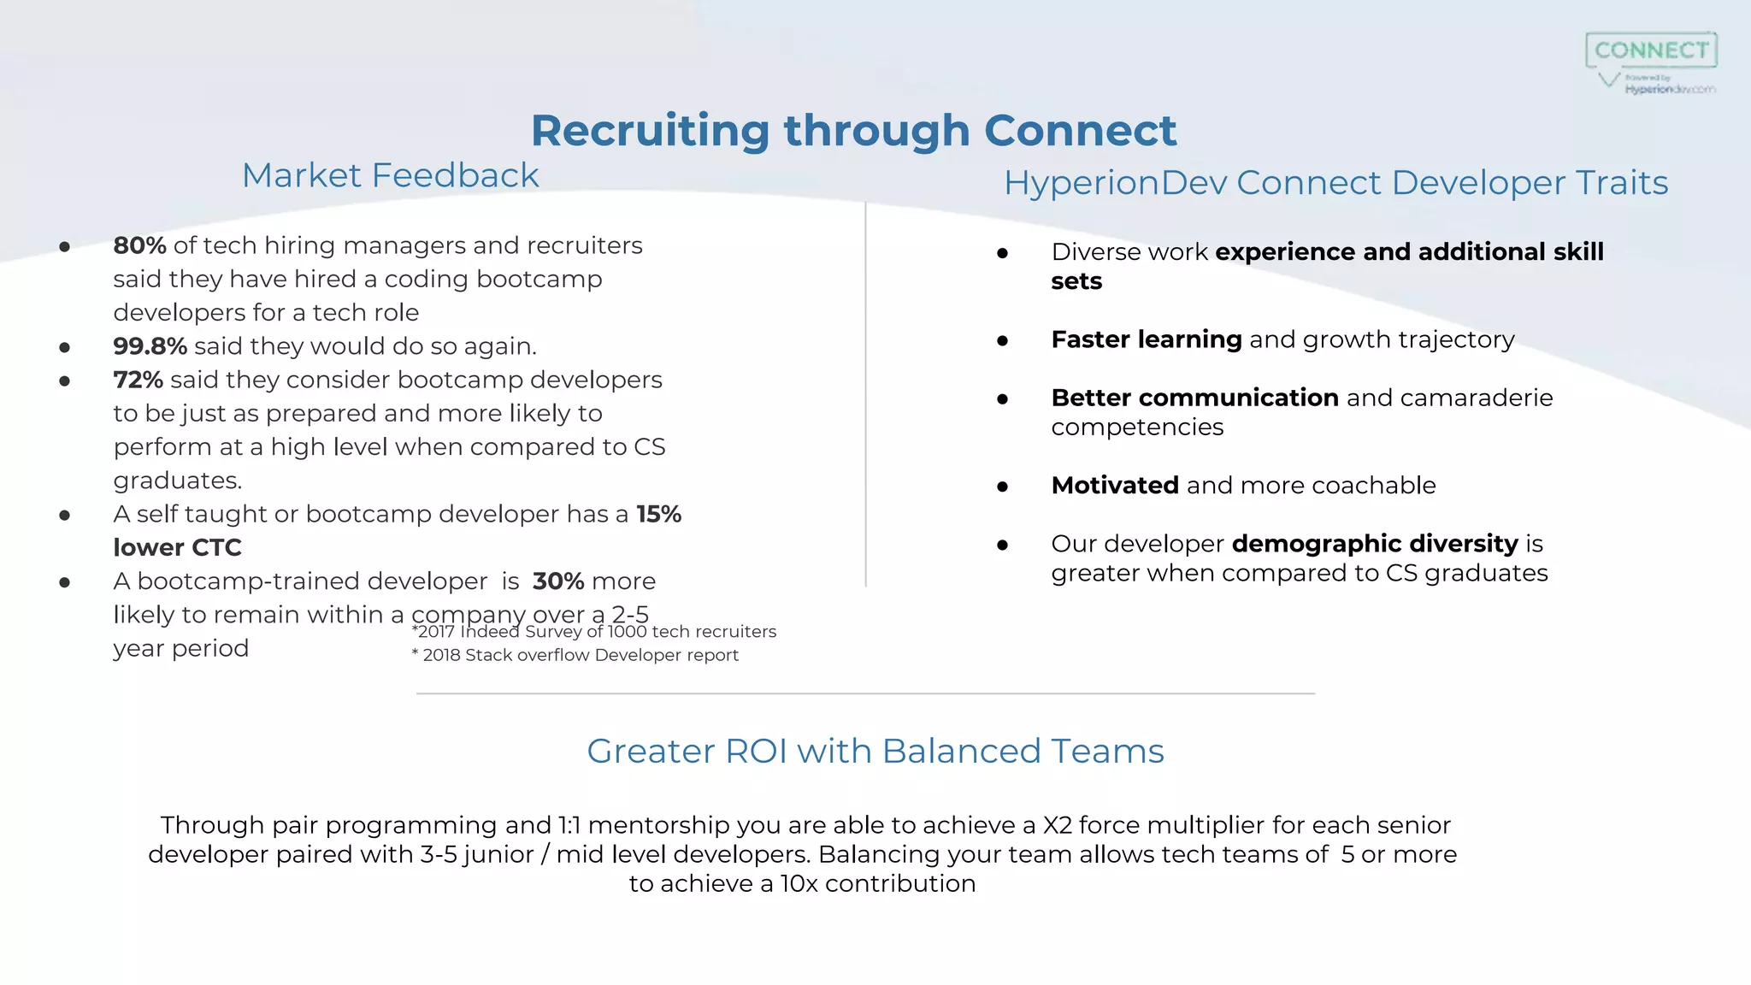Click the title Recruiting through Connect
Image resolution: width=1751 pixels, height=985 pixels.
coord(853,131)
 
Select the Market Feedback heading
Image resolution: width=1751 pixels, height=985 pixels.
coord(390,175)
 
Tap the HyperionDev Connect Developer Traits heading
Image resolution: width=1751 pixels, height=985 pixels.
coord(1335,183)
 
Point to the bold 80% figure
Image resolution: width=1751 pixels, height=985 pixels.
coord(139,246)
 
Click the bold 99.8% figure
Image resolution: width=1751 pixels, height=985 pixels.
coord(150,346)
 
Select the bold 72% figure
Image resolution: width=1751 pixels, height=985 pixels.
coord(138,380)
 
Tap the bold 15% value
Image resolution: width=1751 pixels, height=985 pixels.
coord(658,514)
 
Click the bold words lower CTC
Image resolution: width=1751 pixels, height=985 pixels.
coord(177,547)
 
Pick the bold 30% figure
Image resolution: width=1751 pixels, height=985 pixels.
coord(557,581)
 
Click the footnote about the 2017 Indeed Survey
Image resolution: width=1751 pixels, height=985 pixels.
coord(594,632)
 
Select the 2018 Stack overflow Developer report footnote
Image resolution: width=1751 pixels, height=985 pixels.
coord(575,655)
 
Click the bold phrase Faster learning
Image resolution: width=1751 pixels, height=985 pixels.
coord(1146,339)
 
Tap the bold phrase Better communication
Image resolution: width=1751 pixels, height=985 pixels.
coord(1194,398)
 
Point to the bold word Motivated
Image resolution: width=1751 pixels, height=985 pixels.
coord(1115,486)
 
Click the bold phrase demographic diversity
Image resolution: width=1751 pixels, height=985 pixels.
coord(1375,544)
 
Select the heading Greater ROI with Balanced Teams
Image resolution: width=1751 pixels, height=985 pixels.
coord(875,752)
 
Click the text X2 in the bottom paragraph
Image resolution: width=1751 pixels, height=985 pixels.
coord(1057,825)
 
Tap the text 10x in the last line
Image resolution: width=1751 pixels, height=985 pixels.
coord(799,884)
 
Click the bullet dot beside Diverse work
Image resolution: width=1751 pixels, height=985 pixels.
coord(1002,253)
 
